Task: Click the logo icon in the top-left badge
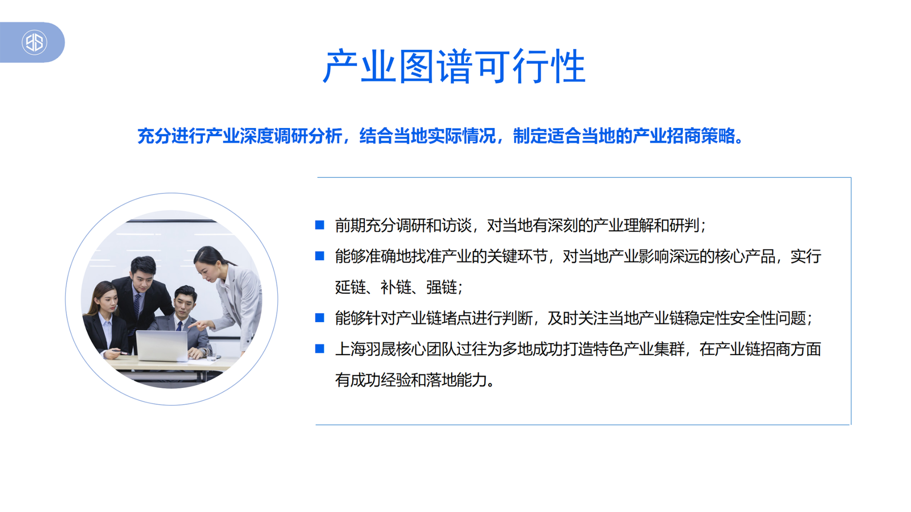tap(34, 42)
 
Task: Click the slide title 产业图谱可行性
tap(454, 67)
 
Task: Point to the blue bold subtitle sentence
tap(440, 136)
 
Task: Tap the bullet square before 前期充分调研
tap(319, 225)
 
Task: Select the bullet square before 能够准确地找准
tap(319, 256)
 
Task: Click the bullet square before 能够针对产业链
tap(319, 317)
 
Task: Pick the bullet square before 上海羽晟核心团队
tap(319, 348)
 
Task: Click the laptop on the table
tap(162, 346)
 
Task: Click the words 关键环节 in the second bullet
tap(517, 256)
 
